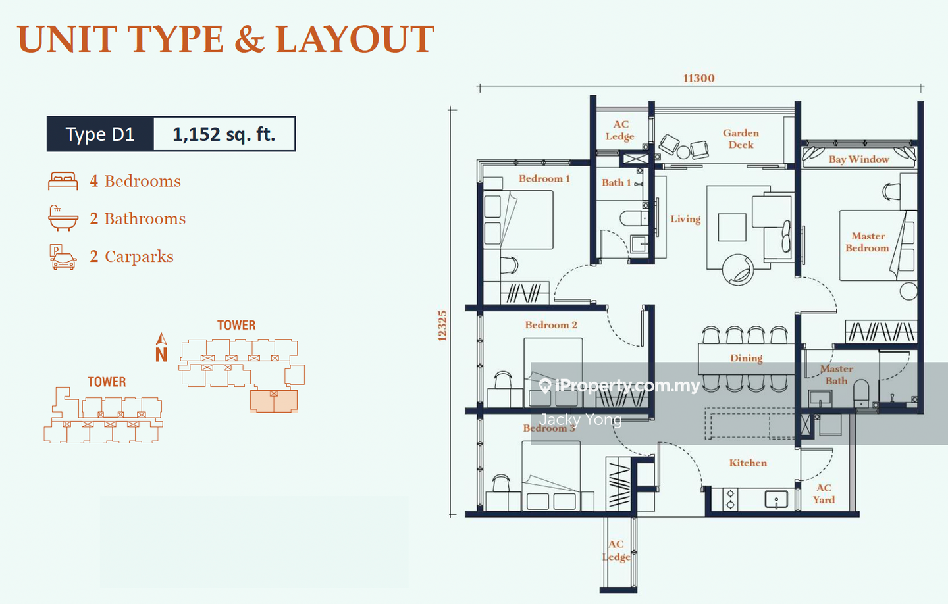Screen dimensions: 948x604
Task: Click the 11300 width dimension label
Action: pyautogui.click(x=698, y=78)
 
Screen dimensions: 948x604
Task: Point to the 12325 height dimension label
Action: pyautogui.click(x=442, y=326)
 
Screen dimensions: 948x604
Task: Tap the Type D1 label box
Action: pyautogui.click(x=100, y=134)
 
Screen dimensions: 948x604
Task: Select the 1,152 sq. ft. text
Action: pyautogui.click(x=224, y=134)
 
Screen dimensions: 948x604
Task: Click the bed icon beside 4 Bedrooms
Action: pyautogui.click(x=63, y=181)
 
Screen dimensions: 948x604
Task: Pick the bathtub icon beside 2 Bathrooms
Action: pyautogui.click(x=63, y=218)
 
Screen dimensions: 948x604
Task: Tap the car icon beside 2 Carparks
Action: pyautogui.click(x=63, y=257)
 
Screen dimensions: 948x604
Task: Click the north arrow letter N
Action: pyautogui.click(x=161, y=355)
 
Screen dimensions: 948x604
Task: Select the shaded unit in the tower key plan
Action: pyautogui.click(x=274, y=401)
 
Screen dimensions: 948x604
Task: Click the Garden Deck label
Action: pyautogui.click(x=741, y=139)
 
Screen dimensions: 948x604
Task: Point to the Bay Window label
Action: pyautogui.click(x=858, y=159)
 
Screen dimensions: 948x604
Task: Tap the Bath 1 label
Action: pyautogui.click(x=616, y=183)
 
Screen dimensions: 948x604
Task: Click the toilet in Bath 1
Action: pyautogui.click(x=633, y=218)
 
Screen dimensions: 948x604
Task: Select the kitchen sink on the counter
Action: pyautogui.click(x=776, y=499)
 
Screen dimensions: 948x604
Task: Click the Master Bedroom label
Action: pyautogui.click(x=868, y=242)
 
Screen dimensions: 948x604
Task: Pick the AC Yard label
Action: pyautogui.click(x=824, y=494)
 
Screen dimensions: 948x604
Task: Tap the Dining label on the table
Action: pyautogui.click(x=746, y=358)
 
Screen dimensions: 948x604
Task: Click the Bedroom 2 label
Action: pyautogui.click(x=551, y=325)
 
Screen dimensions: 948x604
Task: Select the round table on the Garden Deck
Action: pyautogui.click(x=683, y=152)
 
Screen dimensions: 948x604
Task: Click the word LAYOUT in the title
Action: pyautogui.click(x=355, y=39)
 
